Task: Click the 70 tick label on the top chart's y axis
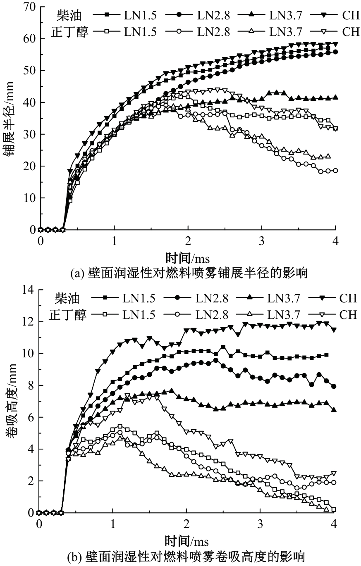tap(28, 7)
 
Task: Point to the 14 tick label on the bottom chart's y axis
tap(28, 290)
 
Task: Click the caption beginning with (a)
tap(189, 273)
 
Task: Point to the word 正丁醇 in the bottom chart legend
tap(69, 315)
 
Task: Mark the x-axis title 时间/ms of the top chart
tap(187, 259)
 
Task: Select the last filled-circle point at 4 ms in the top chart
tap(335, 52)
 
